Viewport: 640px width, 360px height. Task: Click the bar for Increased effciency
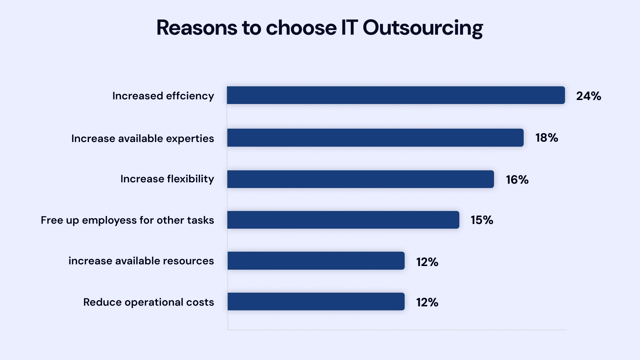click(396, 95)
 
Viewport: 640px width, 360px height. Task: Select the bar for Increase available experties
click(375, 138)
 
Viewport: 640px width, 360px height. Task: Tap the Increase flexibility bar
click(360, 179)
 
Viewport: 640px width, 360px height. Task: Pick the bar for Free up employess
click(343, 220)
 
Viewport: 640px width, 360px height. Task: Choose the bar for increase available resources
click(316, 261)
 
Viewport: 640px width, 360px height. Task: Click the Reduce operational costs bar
click(316, 302)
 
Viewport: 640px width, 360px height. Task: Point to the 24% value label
click(588, 96)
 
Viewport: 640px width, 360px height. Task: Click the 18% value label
click(547, 138)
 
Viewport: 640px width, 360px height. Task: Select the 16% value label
click(517, 180)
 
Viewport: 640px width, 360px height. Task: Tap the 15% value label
click(482, 220)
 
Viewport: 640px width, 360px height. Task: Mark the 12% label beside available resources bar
click(427, 262)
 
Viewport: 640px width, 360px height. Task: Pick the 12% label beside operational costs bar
click(427, 302)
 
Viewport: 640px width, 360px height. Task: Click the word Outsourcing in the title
click(422, 28)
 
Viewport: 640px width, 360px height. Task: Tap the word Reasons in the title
click(197, 28)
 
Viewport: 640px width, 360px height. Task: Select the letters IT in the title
click(349, 28)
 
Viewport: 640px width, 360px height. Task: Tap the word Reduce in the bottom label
click(102, 302)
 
